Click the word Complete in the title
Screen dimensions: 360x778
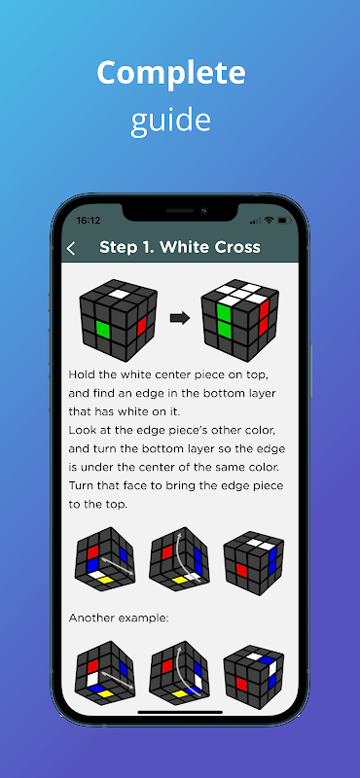[x=171, y=72]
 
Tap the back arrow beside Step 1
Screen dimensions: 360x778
[x=71, y=249]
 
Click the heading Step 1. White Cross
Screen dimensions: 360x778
[x=180, y=247]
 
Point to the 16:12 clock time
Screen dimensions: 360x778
[x=88, y=221]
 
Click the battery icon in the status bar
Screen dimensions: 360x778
[x=284, y=220]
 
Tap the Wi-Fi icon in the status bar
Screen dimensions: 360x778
[x=270, y=220]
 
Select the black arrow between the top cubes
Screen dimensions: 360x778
[x=180, y=318]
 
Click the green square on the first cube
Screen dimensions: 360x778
[x=103, y=330]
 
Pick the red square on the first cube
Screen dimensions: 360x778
[x=141, y=326]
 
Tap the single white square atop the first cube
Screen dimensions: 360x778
[x=118, y=294]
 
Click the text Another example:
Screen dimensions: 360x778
[x=119, y=619]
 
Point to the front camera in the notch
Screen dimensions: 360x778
[x=203, y=210]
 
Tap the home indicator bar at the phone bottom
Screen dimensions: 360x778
[x=180, y=712]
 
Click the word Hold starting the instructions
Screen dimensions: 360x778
[x=80, y=373]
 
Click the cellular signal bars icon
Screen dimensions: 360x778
[x=255, y=221]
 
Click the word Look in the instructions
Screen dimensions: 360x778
[x=81, y=430]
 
